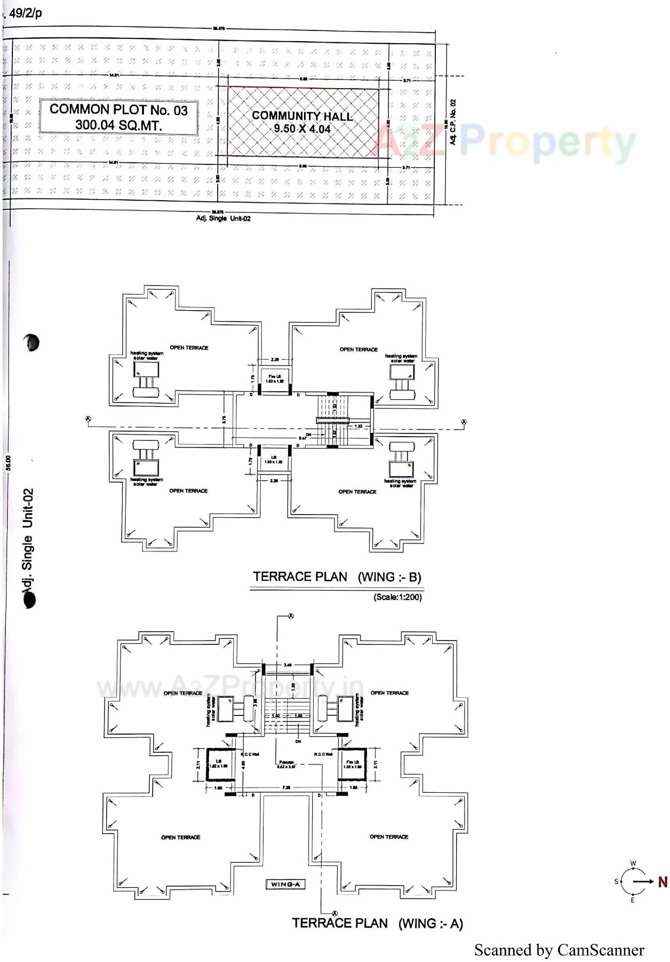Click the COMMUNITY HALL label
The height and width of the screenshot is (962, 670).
pyautogui.click(x=302, y=116)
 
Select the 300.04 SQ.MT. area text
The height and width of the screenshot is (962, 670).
pyautogui.click(x=118, y=125)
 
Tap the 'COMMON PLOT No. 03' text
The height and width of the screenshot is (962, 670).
pyautogui.click(x=118, y=110)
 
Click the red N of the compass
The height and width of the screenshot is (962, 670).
pyautogui.click(x=662, y=882)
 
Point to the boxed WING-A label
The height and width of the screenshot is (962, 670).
pyautogui.click(x=285, y=884)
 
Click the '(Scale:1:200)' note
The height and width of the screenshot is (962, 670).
pyautogui.click(x=397, y=597)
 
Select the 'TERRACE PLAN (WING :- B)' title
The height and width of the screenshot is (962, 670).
pyautogui.click(x=337, y=577)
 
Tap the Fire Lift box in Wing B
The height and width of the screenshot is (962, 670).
pyautogui.click(x=275, y=379)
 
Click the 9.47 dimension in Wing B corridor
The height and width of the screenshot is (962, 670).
pyautogui.click(x=302, y=438)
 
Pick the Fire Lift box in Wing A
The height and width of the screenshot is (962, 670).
pyautogui.click(x=353, y=764)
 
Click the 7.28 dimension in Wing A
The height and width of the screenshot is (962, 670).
pyautogui.click(x=286, y=787)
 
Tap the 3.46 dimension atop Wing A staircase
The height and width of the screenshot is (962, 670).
pyautogui.click(x=288, y=665)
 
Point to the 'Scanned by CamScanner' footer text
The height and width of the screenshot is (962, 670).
pyautogui.click(x=559, y=950)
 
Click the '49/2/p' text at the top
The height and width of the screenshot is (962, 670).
pyautogui.click(x=25, y=13)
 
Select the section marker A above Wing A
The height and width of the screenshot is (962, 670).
pyautogui.click(x=291, y=616)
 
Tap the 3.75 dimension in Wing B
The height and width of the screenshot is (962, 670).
pyautogui.click(x=224, y=420)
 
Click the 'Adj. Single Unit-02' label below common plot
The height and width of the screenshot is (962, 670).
pyautogui.click(x=223, y=218)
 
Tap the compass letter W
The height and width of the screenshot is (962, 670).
pyautogui.click(x=633, y=863)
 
